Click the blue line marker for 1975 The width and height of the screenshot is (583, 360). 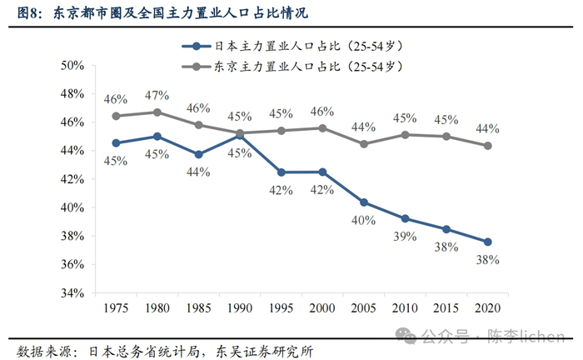coord(116,142)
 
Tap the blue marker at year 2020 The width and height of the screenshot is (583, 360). coord(488,242)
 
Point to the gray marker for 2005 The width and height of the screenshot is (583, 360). coord(364,143)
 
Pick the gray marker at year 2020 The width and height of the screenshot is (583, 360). coord(488,145)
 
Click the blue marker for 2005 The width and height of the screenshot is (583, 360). coord(364,202)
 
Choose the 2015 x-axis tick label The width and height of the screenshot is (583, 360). coord(446,308)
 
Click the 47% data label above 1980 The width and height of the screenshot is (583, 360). coord(157,96)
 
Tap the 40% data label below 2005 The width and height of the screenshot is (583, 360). coord(364,220)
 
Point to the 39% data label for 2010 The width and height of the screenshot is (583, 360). coord(405,237)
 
